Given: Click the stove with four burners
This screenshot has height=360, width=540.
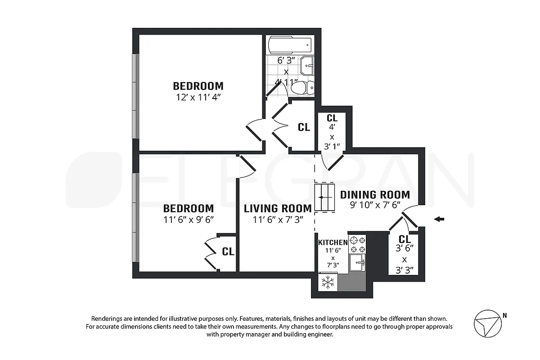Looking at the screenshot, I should tap(358, 244).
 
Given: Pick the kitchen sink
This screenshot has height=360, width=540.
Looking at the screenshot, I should tap(358, 262).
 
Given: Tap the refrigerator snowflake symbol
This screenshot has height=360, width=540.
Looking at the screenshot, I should tap(328, 282).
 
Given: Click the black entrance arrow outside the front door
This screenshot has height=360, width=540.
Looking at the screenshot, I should tap(439, 219).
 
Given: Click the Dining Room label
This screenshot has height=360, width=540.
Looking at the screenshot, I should tap(375, 195).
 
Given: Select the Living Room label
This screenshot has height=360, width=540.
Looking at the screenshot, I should tap(278, 208).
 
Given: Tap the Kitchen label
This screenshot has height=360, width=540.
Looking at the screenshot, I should tap(333, 243).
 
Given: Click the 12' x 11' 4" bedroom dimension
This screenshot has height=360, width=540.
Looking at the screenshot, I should tap(198, 96).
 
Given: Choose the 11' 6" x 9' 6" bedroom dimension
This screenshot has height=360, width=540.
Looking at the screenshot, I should tap(188, 220).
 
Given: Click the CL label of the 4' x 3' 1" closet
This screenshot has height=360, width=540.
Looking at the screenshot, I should tap(332, 118).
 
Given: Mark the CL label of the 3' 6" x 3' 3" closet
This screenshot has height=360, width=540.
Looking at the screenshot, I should tap(404, 239).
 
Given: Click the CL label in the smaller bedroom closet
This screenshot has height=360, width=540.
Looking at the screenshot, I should tap(228, 252).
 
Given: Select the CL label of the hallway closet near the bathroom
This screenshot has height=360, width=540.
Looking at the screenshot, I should tap(304, 127).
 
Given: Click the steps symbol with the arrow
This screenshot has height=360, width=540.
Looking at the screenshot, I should tap(325, 197).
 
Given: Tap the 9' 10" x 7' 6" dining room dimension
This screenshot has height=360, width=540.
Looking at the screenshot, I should tap(374, 205).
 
